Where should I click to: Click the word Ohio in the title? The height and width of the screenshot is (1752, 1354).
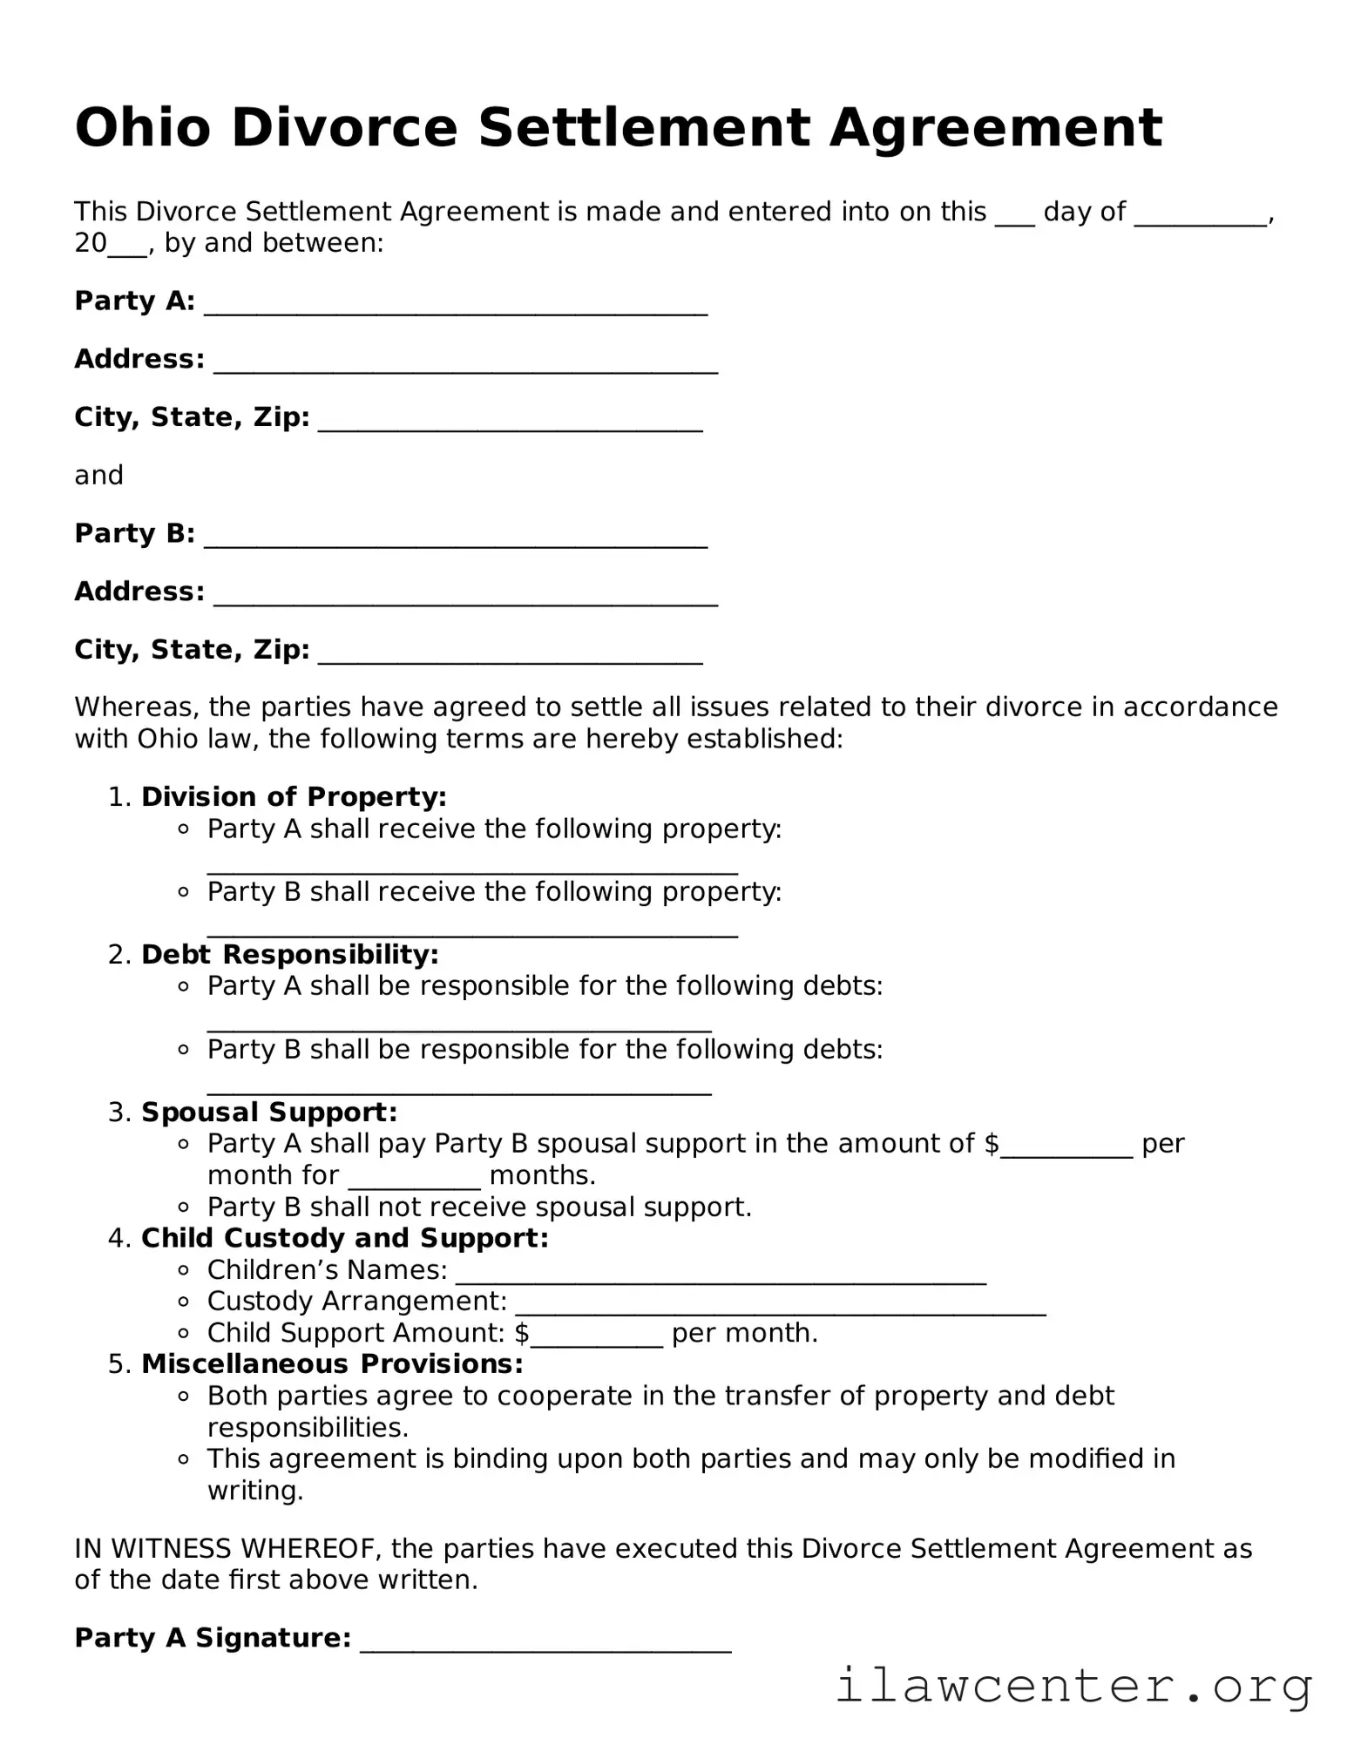(x=143, y=128)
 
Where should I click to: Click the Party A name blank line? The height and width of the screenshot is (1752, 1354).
(x=455, y=309)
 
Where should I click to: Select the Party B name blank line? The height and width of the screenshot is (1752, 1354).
(x=455, y=542)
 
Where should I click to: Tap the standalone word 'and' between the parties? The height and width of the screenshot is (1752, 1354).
(x=98, y=476)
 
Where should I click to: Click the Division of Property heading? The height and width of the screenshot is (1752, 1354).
(x=294, y=796)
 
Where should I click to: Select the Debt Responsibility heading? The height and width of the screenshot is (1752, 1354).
(x=289, y=954)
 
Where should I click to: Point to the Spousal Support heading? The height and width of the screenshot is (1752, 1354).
(x=269, y=1112)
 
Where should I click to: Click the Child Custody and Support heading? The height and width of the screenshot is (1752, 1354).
(x=345, y=1238)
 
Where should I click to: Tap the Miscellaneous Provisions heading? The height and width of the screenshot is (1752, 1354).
(x=332, y=1363)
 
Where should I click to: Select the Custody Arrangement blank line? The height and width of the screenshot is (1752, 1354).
(x=780, y=1309)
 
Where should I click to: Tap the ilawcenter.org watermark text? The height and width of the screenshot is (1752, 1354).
(x=1073, y=1685)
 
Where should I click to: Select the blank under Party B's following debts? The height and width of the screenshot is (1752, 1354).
(x=459, y=1088)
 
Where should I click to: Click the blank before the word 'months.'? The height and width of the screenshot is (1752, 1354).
(x=415, y=1183)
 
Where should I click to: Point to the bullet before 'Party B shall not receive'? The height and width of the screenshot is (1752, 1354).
(x=183, y=1207)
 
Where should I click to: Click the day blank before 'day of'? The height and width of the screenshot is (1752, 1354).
(x=1014, y=220)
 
